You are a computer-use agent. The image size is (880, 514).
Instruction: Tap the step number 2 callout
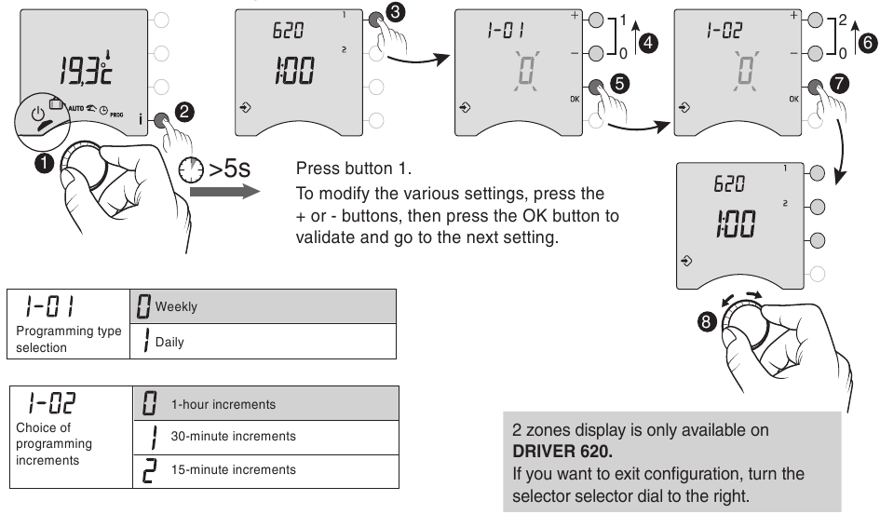coord(185,112)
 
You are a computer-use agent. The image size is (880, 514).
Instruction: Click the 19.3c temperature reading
coord(85,67)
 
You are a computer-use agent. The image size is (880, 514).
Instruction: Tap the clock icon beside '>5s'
coord(191,171)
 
